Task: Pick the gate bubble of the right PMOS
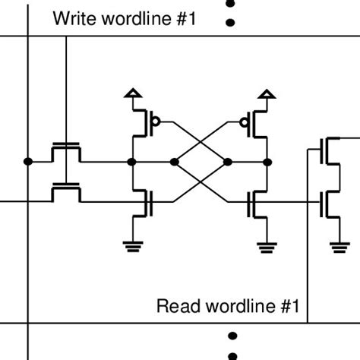click(x=244, y=121)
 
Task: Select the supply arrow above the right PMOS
click(x=267, y=94)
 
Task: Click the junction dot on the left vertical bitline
click(x=28, y=161)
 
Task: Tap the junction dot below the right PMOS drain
click(x=267, y=161)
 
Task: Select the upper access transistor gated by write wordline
click(x=66, y=152)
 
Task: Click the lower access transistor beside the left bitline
click(x=66, y=194)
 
